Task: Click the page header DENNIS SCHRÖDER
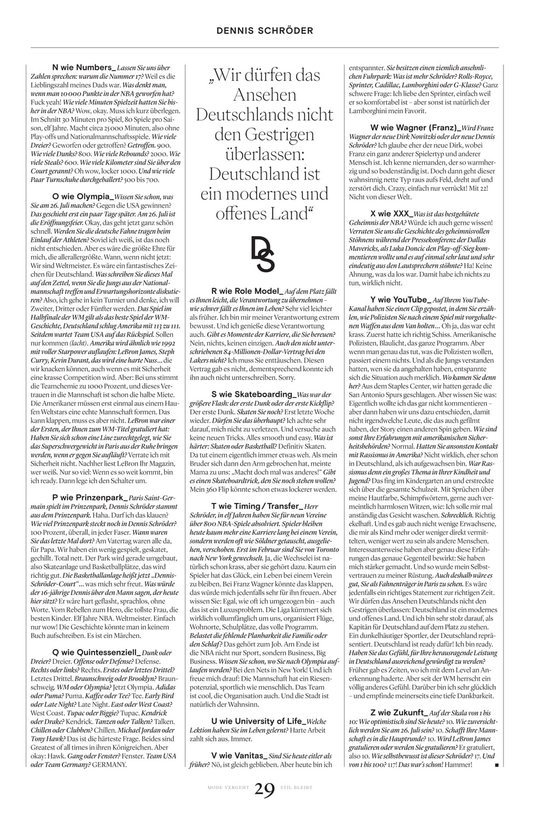point(265,31)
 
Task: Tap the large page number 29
point(265,790)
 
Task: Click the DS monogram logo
point(263,254)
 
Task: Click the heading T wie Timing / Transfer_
point(257,506)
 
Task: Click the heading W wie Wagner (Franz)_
point(415,128)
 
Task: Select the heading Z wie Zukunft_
point(399,712)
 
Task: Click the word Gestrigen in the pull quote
point(265,134)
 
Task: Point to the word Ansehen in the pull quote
point(265,95)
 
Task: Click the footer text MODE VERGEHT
point(229,788)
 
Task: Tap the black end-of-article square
point(496,765)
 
